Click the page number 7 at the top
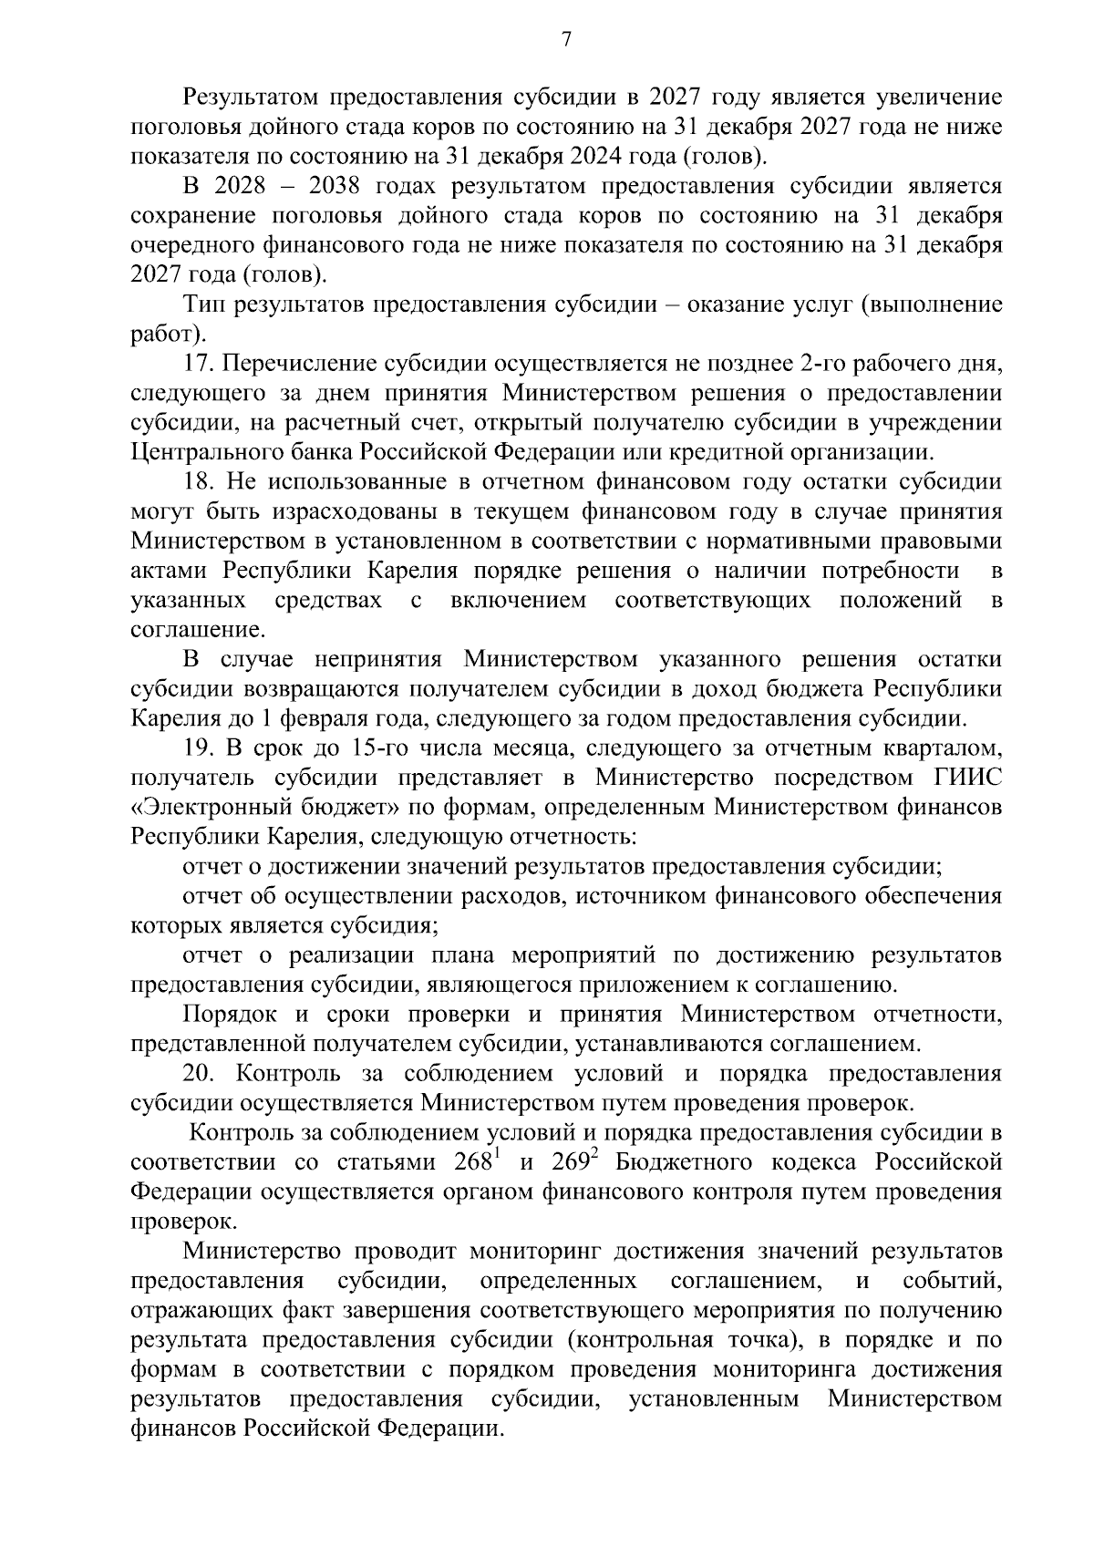coord(565,40)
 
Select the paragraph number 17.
coord(198,364)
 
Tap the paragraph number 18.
coord(198,482)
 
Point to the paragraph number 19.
coord(198,749)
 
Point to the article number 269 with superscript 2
coord(573,1163)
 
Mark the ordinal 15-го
coord(380,749)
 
